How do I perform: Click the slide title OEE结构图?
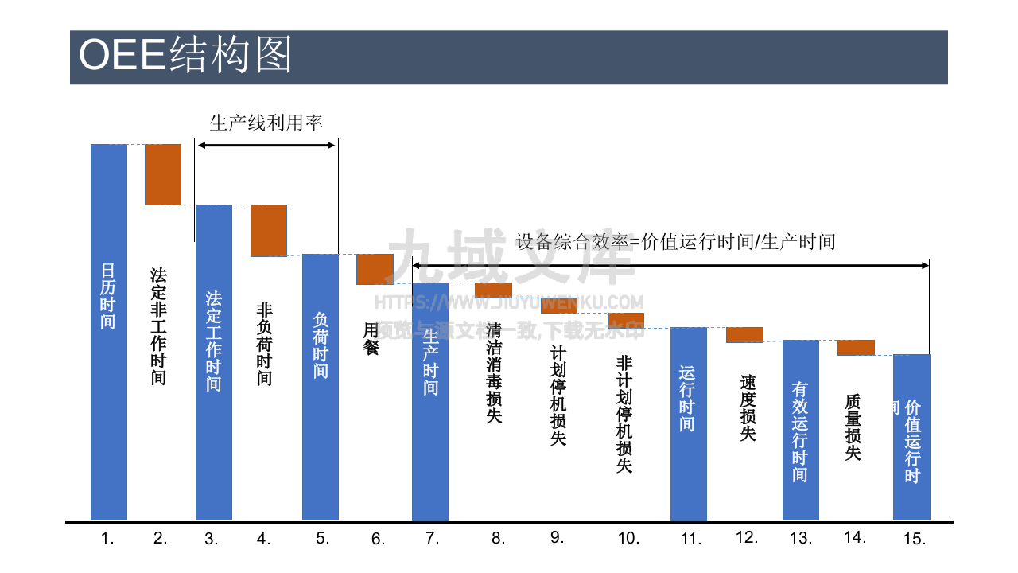pyautogui.click(x=185, y=57)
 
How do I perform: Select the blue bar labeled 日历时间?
pyautogui.click(x=109, y=332)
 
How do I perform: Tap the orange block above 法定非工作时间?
pyautogui.click(x=163, y=174)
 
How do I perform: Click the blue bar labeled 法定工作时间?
pyautogui.click(x=214, y=362)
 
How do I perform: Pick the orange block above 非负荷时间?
pyautogui.click(x=269, y=231)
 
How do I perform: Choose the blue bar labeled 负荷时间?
pyautogui.click(x=321, y=387)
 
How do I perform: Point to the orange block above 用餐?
pyautogui.click(x=375, y=269)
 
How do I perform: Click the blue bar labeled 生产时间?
pyautogui.click(x=430, y=402)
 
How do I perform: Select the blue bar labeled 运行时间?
pyautogui.click(x=689, y=423)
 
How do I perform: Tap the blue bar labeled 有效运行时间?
pyautogui.click(x=801, y=430)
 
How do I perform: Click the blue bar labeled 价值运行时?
pyautogui.click(x=911, y=437)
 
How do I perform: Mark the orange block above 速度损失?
pyautogui.click(x=745, y=335)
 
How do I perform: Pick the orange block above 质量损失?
pyautogui.click(x=856, y=348)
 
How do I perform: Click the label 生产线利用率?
pyautogui.click(x=266, y=123)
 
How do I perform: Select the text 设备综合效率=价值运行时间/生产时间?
pyautogui.click(x=676, y=241)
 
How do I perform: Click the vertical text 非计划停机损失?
pyautogui.click(x=624, y=414)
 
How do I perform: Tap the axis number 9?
pyautogui.click(x=557, y=537)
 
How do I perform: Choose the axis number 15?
pyautogui.click(x=915, y=539)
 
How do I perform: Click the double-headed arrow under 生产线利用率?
pyautogui.click(x=266, y=145)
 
